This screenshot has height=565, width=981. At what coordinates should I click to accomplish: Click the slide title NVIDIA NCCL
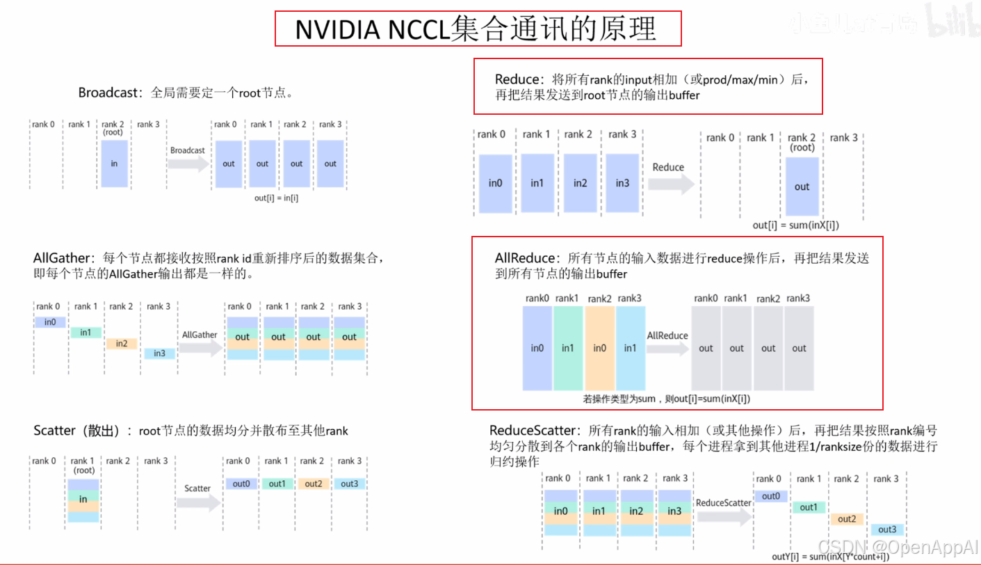pos(477,29)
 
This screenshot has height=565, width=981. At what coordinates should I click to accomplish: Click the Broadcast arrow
pos(188,164)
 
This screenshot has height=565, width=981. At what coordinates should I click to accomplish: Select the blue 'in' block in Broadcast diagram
pos(114,164)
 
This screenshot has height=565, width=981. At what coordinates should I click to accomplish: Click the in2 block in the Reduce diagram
pos(580,183)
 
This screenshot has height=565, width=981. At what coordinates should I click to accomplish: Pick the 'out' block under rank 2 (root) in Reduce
pos(802,186)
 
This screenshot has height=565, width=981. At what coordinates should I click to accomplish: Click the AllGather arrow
pos(200,347)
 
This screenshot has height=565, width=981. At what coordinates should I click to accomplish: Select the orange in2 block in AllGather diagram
pos(122,343)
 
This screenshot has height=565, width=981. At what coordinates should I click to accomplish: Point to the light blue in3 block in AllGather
pos(159,353)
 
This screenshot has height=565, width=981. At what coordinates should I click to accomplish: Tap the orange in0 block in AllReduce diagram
pos(599,348)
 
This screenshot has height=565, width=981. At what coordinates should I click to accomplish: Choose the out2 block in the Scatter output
pos(314,484)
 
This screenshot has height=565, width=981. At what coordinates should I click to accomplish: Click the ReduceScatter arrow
pos(724,515)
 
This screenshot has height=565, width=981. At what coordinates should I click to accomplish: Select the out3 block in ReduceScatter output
pos(887,530)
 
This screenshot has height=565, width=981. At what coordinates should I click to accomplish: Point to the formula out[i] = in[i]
pos(276,198)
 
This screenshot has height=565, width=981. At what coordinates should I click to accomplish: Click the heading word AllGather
pos(62,258)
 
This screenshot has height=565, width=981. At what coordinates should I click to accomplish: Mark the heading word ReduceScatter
pos(533,431)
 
